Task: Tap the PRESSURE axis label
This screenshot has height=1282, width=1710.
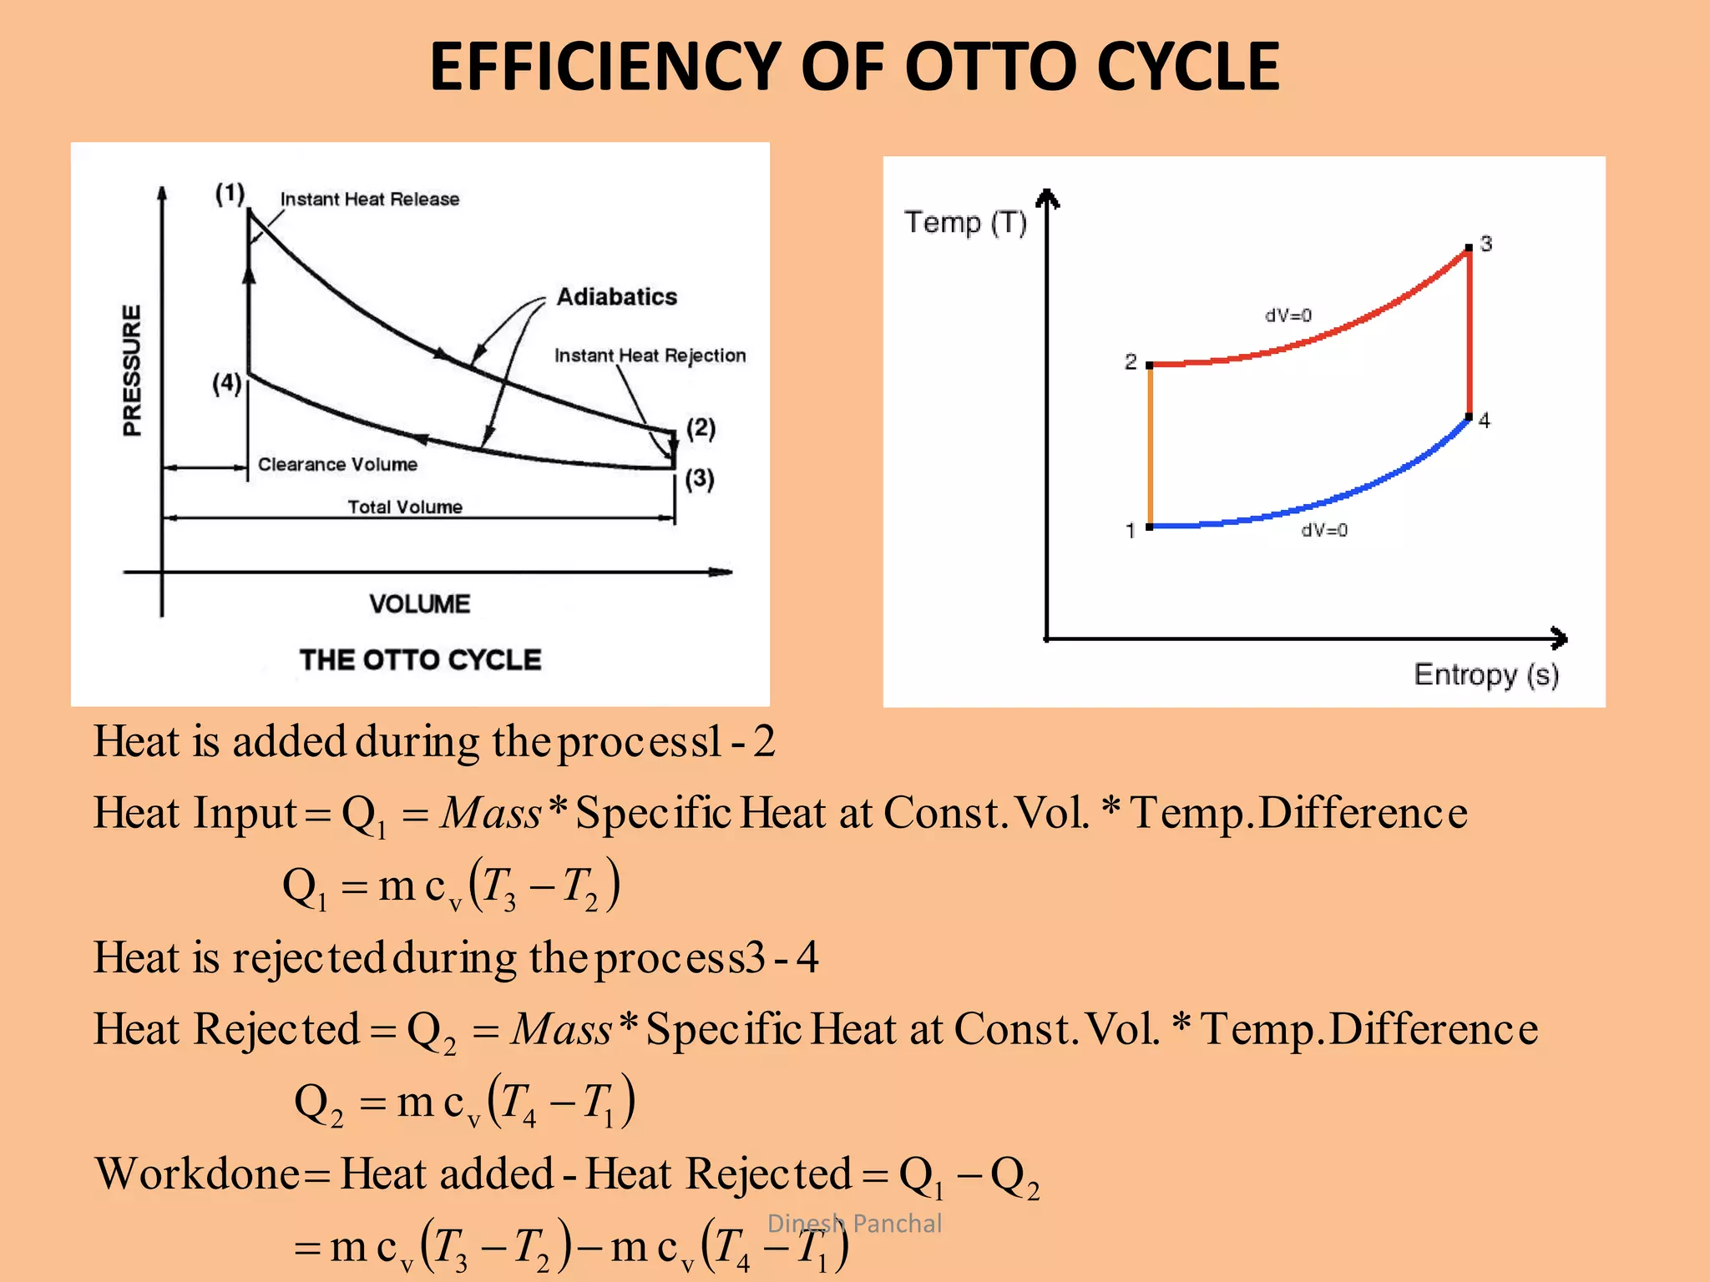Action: pos(133,370)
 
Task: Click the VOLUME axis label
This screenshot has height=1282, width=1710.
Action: pos(419,603)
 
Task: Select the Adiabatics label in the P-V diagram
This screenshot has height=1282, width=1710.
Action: pos(616,297)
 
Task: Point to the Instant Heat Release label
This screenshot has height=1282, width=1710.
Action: pos(369,199)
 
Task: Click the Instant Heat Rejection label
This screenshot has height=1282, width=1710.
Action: pos(650,356)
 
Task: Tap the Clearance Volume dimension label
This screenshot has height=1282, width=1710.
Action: pos(337,465)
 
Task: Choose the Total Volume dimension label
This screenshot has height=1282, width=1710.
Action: pos(405,507)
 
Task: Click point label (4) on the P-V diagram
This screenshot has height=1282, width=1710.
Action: pos(226,384)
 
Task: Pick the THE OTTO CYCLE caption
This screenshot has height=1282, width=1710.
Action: pos(420,660)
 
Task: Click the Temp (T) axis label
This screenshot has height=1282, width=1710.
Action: pos(965,223)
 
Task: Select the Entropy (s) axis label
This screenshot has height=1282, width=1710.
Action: pos(1486,674)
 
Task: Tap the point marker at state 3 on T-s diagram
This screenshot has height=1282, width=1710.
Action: pos(1469,249)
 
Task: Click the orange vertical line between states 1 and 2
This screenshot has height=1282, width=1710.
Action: pos(1150,447)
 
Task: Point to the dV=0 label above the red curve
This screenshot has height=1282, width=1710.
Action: pos(1288,315)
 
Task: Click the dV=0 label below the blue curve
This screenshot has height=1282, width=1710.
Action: pos(1324,530)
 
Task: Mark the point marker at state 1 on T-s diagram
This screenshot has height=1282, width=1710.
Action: pos(1150,527)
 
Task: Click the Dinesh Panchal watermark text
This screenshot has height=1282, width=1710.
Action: pos(854,1224)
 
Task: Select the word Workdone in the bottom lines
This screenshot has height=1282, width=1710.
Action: pos(197,1174)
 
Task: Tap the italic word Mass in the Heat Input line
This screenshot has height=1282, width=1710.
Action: pos(491,813)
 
